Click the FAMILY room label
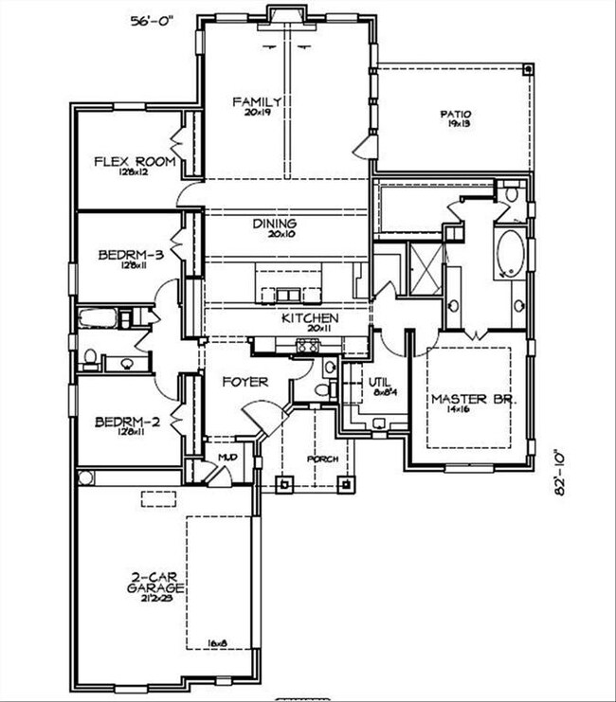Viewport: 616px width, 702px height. [x=256, y=101]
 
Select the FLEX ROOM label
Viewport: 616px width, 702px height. [x=135, y=161]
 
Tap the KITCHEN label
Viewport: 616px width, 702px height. [x=309, y=318]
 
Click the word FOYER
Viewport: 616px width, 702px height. [x=245, y=382]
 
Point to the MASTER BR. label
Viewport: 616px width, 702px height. [x=473, y=400]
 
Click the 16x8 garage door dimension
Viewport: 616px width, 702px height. [x=218, y=643]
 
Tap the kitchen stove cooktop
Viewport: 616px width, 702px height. [x=310, y=346]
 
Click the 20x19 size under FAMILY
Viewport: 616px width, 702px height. [x=257, y=113]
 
